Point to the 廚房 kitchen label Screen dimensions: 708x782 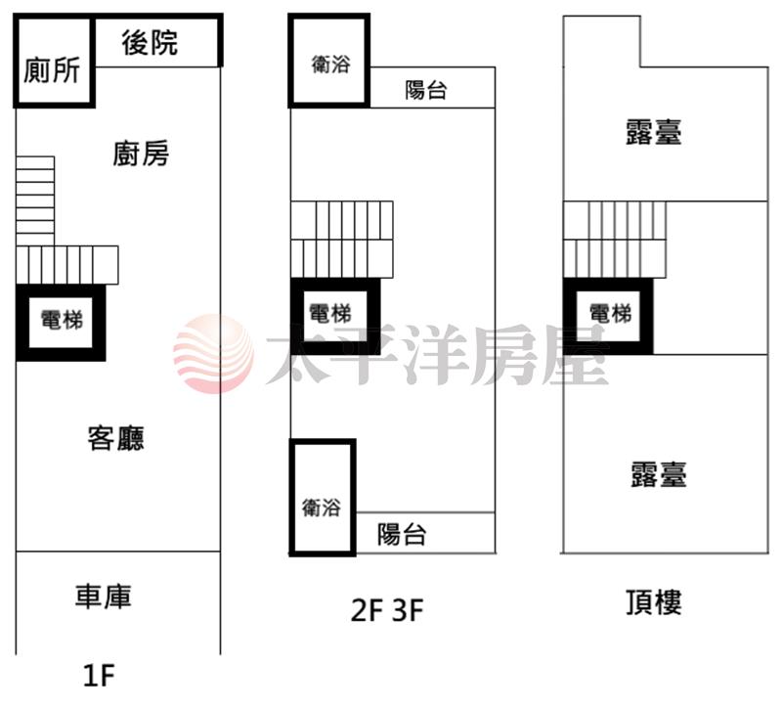point(141,154)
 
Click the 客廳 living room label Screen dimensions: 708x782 point(116,437)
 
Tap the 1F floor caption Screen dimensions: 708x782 point(99,674)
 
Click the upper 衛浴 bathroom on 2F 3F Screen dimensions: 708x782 point(329,65)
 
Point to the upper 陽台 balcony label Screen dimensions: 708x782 point(426,91)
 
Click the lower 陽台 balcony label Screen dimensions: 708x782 point(402,535)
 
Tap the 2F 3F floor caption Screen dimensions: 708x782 point(387,611)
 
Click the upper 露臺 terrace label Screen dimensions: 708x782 point(653,132)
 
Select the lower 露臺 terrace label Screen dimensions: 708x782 point(659,474)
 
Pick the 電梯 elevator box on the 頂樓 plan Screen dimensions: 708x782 point(611,314)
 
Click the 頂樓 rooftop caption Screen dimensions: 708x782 point(653,601)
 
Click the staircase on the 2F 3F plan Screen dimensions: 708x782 point(342,239)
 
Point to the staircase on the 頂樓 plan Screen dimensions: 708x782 point(614,239)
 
